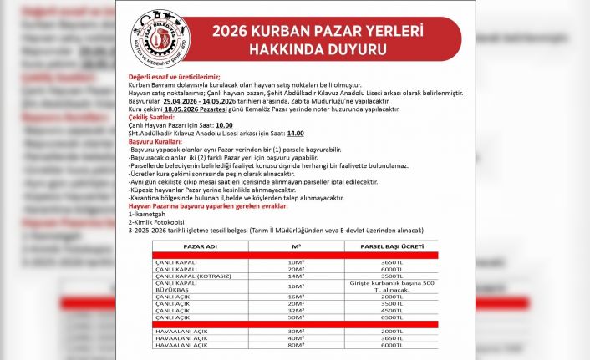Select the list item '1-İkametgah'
147,214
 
